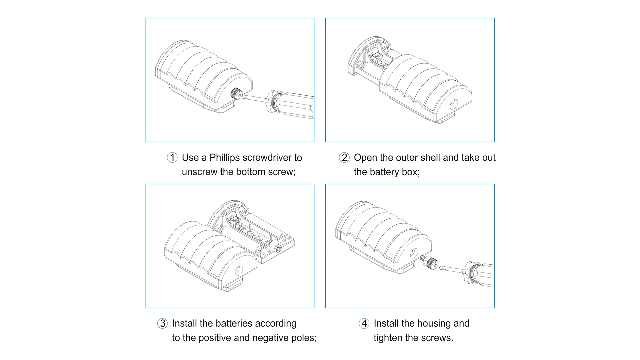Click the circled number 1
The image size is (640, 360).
tap(172, 157)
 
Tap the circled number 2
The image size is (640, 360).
tap(344, 157)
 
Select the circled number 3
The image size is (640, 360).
tap(162, 323)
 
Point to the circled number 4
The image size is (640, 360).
tap(364, 323)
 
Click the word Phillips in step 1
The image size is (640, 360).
tap(225, 158)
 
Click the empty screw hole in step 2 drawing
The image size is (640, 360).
tap(453, 104)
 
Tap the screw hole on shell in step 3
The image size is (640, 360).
tap(239, 270)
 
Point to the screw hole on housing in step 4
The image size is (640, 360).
tap(414, 253)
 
